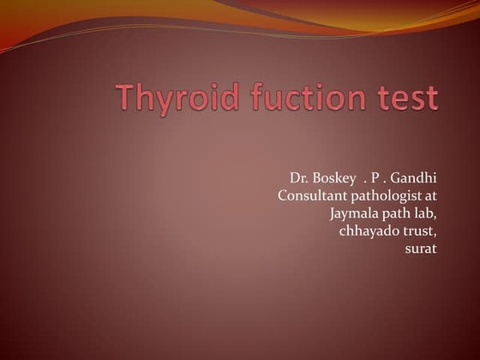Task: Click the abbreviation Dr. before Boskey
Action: click(299, 178)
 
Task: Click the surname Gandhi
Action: click(415, 178)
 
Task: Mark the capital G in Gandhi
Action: click(398, 178)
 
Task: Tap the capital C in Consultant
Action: click(283, 196)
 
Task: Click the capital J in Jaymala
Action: click(333, 214)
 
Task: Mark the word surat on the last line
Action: click(421, 249)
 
